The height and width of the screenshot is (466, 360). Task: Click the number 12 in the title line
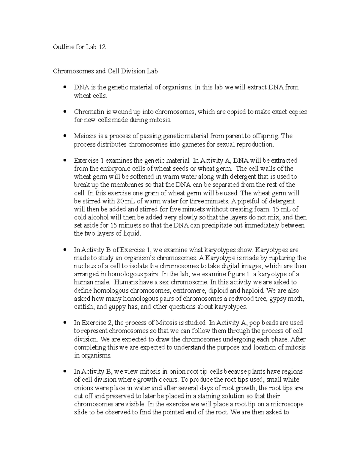pos(102,47)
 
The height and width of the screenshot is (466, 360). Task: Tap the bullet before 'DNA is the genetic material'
pos(64,87)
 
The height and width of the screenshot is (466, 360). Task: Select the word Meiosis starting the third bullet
pos(84,136)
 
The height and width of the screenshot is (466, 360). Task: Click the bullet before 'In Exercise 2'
pos(64,323)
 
